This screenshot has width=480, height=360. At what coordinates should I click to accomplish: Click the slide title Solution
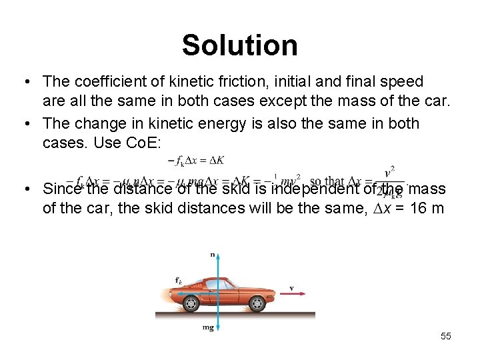[x=239, y=45]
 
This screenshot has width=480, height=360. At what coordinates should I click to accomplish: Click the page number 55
[x=445, y=336]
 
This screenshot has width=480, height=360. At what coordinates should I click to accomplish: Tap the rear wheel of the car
[x=191, y=303]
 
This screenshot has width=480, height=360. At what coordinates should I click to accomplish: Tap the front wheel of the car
[x=257, y=303]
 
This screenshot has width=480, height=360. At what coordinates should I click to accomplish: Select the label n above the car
[x=212, y=255]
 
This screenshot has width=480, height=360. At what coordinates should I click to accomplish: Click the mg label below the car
[x=209, y=328]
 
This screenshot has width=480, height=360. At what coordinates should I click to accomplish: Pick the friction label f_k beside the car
[x=179, y=281]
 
